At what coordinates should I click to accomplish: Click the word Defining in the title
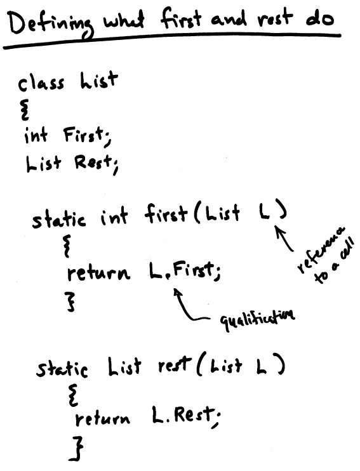click(50, 25)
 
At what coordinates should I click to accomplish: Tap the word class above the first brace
click(41, 83)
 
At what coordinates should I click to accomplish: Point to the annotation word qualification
click(258, 319)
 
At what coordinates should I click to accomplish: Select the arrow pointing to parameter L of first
click(284, 239)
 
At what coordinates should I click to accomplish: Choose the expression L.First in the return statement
click(181, 271)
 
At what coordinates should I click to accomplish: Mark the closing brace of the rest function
click(76, 449)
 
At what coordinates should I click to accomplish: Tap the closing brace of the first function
click(70, 302)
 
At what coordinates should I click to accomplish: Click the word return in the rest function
click(103, 418)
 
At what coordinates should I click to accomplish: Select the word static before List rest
click(62, 368)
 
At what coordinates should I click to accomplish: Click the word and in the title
click(229, 20)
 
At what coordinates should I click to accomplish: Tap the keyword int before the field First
click(36, 135)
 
